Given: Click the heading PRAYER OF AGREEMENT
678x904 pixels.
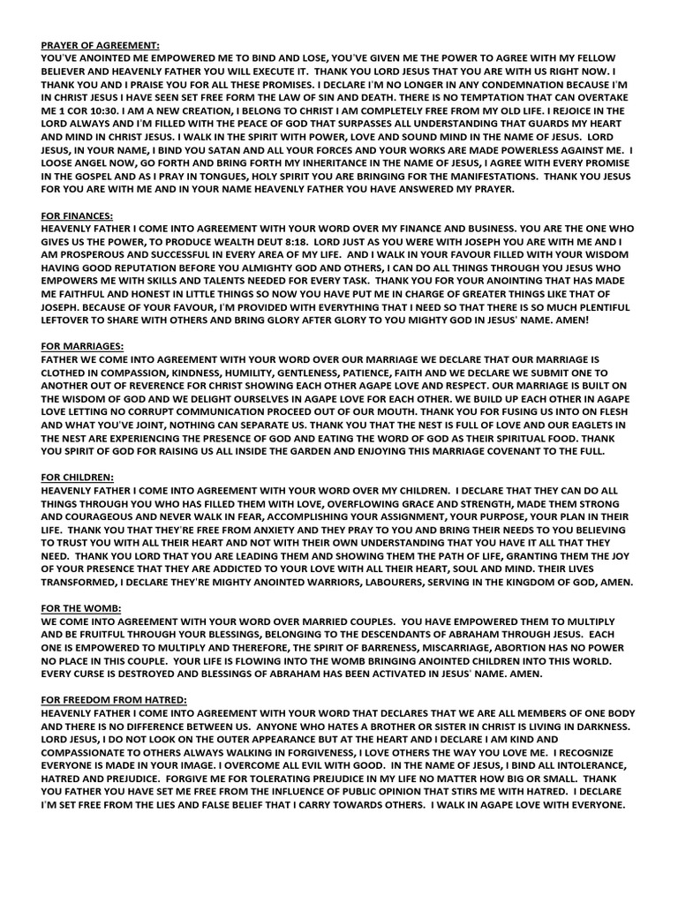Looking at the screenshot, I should point(101,42).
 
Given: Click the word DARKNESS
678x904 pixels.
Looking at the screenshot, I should point(601,726).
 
